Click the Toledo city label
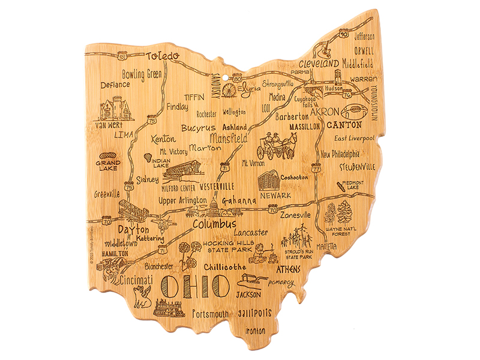click(x=163, y=56)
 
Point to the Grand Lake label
click(x=109, y=165)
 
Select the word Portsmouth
click(x=211, y=313)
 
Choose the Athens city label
click(x=289, y=269)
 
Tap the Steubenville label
click(x=357, y=166)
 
